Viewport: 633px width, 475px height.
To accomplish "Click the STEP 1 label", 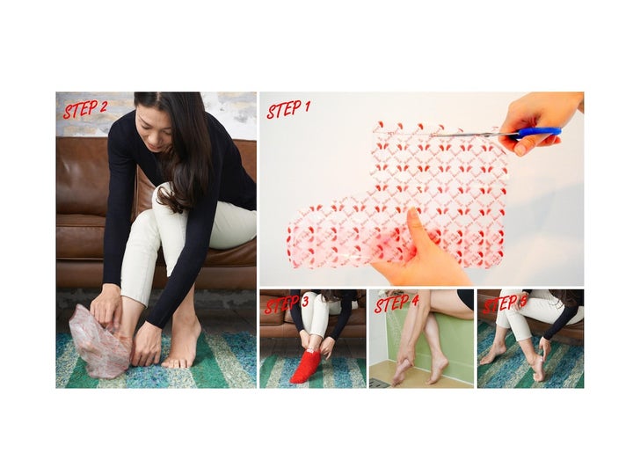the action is click(287, 109).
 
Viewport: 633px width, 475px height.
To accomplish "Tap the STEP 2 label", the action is click(85, 109).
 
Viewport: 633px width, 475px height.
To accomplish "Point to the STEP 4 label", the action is click(397, 303).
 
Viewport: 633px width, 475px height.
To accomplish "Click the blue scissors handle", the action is click(538, 133).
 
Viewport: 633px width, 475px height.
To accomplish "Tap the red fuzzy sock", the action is click(306, 366).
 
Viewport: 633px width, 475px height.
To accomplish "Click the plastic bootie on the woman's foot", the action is click(100, 342).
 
